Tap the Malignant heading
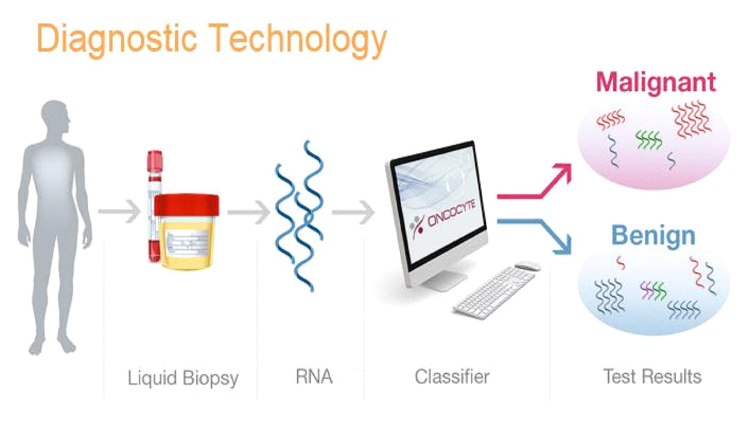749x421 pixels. [656, 82]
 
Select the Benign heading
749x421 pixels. [653, 236]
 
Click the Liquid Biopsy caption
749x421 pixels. [183, 378]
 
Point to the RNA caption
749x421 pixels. [314, 377]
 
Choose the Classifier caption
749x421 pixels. [452, 377]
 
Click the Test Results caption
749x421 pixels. [652, 377]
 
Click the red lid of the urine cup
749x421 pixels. [186, 205]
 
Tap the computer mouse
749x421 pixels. [527, 266]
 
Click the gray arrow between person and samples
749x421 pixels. [119, 211]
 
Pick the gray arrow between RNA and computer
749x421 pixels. [353, 212]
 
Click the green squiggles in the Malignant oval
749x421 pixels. [649, 140]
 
